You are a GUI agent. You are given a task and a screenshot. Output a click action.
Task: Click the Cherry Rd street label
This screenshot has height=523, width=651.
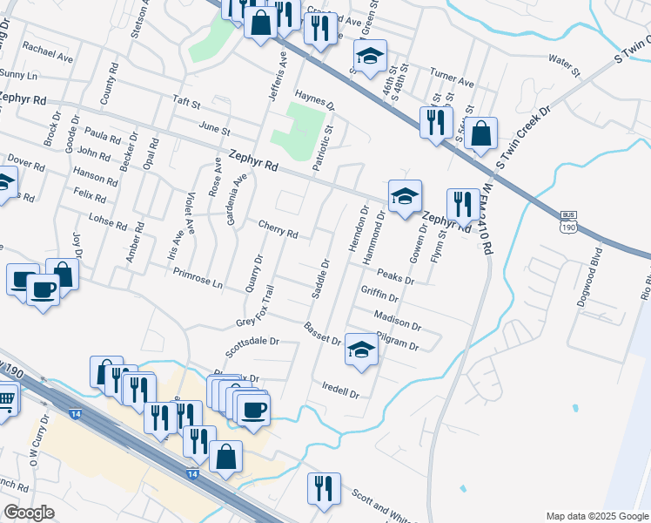(x=279, y=229)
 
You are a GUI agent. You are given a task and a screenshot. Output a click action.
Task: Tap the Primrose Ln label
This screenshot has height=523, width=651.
(x=198, y=278)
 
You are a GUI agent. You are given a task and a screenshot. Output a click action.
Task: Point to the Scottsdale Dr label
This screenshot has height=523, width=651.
(x=251, y=347)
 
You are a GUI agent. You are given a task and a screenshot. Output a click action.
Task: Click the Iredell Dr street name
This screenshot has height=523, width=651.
(x=340, y=390)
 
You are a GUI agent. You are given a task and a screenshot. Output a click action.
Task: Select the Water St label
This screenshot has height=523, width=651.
(x=563, y=60)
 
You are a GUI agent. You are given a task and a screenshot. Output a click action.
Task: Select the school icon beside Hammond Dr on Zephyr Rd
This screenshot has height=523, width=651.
(x=405, y=195)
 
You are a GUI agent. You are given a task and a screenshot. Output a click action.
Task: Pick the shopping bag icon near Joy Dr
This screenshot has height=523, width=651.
(x=62, y=272)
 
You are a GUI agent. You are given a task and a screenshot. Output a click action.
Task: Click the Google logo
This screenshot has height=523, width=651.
(x=29, y=513)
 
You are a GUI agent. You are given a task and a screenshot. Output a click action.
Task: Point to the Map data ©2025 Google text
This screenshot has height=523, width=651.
(x=596, y=516)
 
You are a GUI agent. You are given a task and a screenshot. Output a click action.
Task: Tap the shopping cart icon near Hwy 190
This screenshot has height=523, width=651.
(x=5, y=401)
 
